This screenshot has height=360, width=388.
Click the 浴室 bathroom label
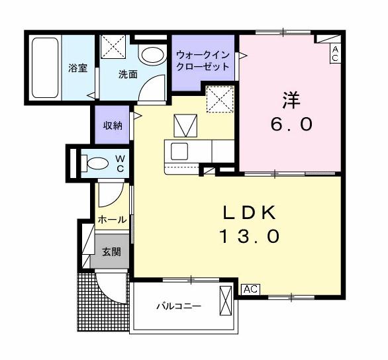click(78, 68)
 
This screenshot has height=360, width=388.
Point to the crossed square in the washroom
click(113, 48)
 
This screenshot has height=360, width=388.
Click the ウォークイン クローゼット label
click(203, 61)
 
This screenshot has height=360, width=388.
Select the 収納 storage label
click(112, 126)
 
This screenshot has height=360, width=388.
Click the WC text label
click(121, 163)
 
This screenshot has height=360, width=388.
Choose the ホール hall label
click(112, 219)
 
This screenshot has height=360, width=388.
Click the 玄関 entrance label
click(111, 251)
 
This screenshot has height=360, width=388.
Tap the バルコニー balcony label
click(178, 306)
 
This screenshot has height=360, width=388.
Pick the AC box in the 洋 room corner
click(335, 54)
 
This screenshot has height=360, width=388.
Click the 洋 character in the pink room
click(291, 101)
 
